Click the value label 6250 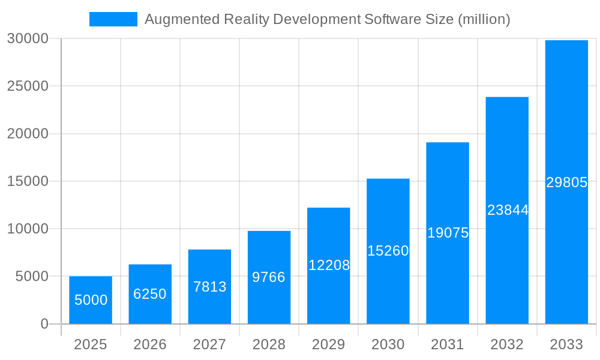[x=150, y=294]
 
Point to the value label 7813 [x=210, y=287]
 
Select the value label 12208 [x=329, y=265]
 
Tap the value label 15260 [x=388, y=251]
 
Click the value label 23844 [x=508, y=210]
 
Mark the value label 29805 [x=566, y=182]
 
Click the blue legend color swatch [x=113, y=19]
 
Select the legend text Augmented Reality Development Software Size [x=328, y=19]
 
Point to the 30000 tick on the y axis [x=28, y=38]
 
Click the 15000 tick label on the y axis [x=28, y=181]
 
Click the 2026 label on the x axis [x=150, y=344]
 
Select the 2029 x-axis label [x=329, y=344]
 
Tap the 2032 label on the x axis [x=507, y=344]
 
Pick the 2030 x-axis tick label [x=388, y=344]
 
